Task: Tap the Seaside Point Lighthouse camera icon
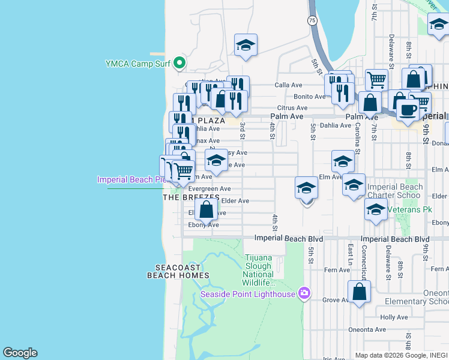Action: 304,293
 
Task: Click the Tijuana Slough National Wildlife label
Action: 258,270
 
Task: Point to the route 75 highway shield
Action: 312,20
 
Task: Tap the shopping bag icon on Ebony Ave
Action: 206,210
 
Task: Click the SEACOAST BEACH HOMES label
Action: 178,271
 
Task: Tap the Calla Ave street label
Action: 288,85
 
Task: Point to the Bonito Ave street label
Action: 309,97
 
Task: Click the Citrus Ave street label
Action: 292,108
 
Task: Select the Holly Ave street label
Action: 394,317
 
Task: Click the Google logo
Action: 20,353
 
